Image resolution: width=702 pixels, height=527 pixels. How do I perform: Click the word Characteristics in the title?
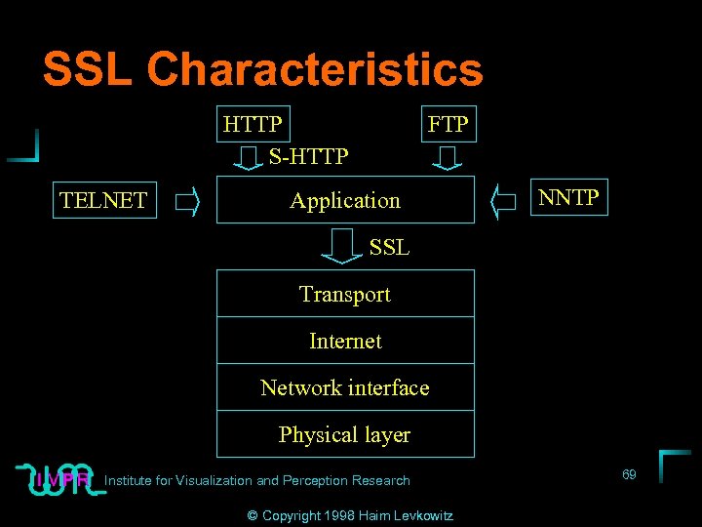(x=314, y=69)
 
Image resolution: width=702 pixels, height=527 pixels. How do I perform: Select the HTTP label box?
(x=253, y=125)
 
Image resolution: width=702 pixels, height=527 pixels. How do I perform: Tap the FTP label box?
(x=448, y=125)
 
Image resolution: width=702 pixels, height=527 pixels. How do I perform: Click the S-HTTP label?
(x=309, y=155)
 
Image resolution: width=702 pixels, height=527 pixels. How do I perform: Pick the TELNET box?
(x=103, y=201)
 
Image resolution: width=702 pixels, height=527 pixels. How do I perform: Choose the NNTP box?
(x=568, y=198)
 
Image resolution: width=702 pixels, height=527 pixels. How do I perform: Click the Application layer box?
(x=345, y=200)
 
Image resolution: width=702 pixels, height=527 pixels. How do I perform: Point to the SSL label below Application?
(x=389, y=248)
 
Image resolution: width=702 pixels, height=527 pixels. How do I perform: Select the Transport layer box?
(x=345, y=294)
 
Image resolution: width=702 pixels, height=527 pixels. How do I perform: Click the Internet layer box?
(x=345, y=341)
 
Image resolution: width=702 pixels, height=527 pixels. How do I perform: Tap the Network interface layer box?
(x=345, y=387)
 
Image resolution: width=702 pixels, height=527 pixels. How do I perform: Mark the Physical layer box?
(x=345, y=434)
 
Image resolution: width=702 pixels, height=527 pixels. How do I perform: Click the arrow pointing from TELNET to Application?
(x=186, y=203)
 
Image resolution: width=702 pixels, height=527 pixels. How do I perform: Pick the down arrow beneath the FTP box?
(x=448, y=157)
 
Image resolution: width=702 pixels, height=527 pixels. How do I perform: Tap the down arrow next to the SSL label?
(x=342, y=246)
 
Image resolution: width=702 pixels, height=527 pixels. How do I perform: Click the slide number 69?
(x=629, y=474)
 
